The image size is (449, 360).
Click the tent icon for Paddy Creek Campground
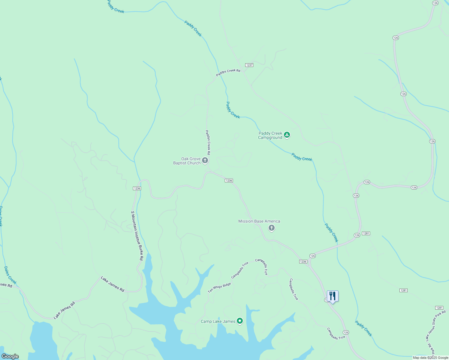point(287,135)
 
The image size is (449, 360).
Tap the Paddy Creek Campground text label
point(270,136)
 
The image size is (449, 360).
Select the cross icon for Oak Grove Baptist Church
point(205,160)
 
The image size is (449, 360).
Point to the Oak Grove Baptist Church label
point(187,161)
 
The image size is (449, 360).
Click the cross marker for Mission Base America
point(272,228)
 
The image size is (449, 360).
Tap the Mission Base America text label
point(259,221)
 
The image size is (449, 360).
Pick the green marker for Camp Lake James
point(240,321)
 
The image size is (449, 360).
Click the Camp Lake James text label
point(218,322)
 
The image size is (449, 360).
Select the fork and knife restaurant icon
point(333,296)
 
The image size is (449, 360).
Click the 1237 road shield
point(249,65)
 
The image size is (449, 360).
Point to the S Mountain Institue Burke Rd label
point(137,235)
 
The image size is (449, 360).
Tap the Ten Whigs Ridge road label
point(219,288)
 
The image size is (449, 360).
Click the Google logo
point(10,356)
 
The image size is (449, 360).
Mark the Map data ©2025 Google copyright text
point(430,358)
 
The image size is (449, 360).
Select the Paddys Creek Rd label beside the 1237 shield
point(228,73)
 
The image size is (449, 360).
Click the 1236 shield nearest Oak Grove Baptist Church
point(229,181)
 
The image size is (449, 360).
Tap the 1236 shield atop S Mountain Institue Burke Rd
point(137,188)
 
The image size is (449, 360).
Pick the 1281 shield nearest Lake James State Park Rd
point(439,308)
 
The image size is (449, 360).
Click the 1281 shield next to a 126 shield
point(366,233)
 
